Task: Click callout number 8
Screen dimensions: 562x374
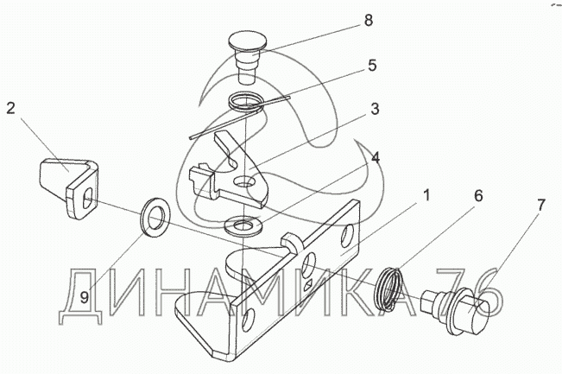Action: [369, 20]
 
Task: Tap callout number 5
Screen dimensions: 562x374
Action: [372, 66]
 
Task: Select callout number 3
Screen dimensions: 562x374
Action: [375, 108]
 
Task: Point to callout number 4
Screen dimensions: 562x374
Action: [375, 157]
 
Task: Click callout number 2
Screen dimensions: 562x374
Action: [10, 108]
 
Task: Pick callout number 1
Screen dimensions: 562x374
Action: [426, 196]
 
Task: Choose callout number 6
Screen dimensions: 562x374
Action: [478, 196]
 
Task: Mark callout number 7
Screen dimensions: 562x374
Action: [540, 205]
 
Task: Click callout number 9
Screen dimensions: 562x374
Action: [85, 297]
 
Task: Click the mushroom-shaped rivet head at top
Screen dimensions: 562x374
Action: [247, 40]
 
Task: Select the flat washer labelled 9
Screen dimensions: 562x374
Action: [155, 217]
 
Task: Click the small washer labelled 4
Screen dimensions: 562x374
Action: [243, 226]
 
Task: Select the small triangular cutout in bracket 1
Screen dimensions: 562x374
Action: [308, 286]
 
